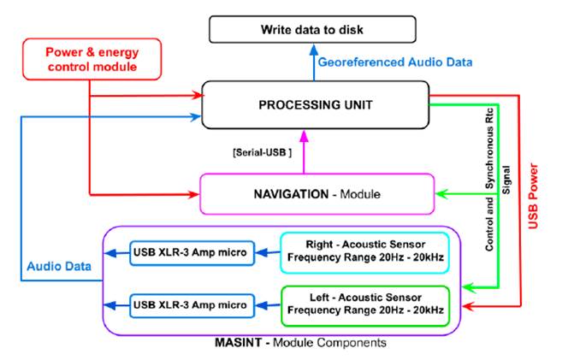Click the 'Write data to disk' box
tap(311, 30)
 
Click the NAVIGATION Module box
tap(316, 194)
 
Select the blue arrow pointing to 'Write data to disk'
tap(313, 62)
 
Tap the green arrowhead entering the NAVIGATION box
tap(440, 194)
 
